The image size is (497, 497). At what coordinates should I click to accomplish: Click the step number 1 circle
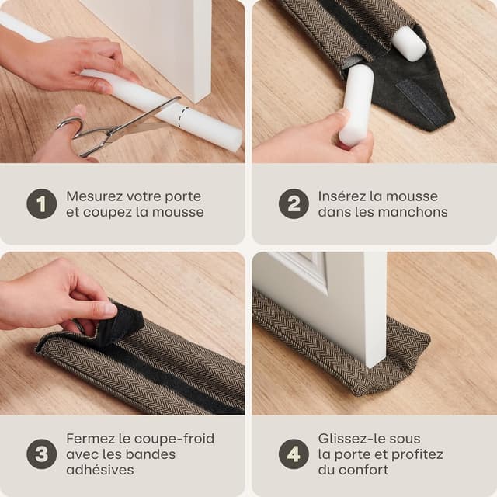(x=41, y=203)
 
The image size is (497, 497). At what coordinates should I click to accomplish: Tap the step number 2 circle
(x=294, y=203)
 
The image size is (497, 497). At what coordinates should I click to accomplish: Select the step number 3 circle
(x=41, y=454)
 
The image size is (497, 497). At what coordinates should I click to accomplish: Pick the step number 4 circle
(x=294, y=454)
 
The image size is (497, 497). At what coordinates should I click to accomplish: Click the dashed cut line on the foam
(x=182, y=117)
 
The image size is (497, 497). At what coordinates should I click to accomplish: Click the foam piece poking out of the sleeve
(x=408, y=43)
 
